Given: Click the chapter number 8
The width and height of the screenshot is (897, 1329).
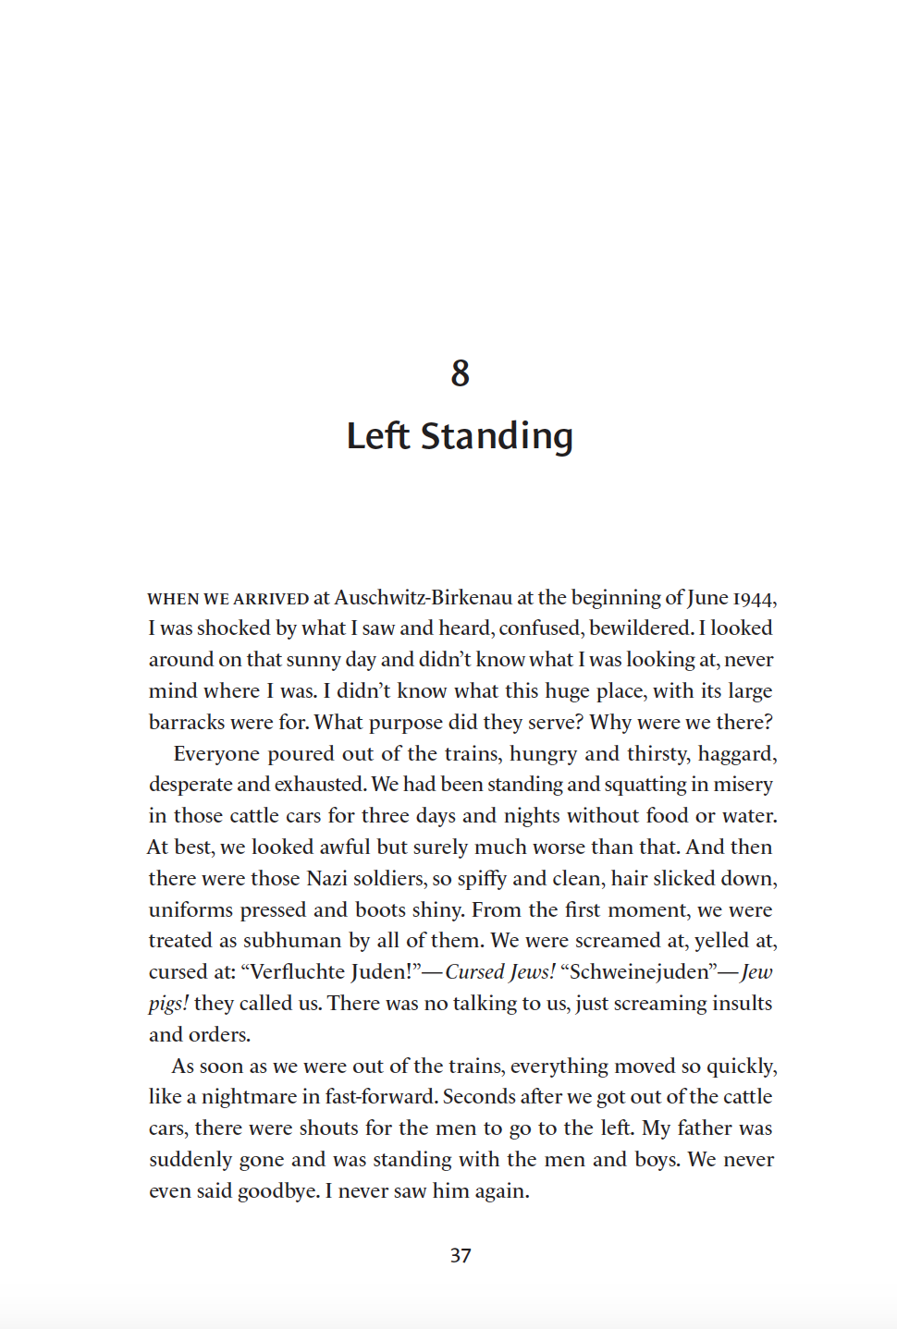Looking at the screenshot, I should (460, 373).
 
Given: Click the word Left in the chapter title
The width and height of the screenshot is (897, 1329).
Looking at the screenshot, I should (377, 436).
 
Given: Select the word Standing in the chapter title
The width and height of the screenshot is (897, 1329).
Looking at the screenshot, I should (497, 436).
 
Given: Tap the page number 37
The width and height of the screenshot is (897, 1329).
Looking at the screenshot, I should (461, 1255).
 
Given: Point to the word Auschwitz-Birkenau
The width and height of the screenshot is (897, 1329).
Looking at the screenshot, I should (423, 597).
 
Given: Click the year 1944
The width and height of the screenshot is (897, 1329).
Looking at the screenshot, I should (755, 598).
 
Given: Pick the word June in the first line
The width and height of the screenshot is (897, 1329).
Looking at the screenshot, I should (707, 598).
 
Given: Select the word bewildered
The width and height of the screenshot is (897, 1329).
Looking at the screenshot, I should (641, 628).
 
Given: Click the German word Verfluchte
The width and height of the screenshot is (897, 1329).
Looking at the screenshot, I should (300, 972).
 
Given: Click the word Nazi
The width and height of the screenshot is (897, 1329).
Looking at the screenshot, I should (326, 878).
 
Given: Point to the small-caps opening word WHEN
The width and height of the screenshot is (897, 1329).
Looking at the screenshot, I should (173, 599).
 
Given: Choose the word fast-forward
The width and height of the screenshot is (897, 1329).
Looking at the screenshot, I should (379, 1097).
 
